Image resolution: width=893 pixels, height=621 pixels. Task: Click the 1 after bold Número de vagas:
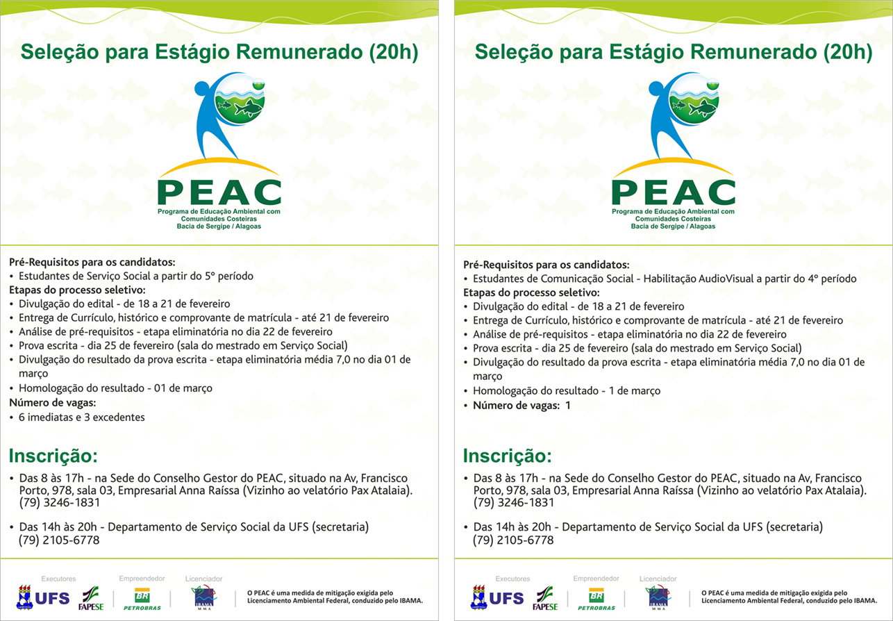point(567,405)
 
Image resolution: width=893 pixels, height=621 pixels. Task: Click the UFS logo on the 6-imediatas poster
point(43,597)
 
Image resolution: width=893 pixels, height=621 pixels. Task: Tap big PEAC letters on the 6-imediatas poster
point(219,191)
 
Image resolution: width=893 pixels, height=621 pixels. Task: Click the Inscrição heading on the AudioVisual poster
point(507,456)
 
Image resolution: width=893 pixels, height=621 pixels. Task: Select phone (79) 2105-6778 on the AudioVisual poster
point(513,540)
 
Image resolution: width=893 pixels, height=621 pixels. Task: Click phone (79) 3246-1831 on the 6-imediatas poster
point(59,502)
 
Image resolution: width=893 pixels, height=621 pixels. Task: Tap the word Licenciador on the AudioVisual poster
point(658,579)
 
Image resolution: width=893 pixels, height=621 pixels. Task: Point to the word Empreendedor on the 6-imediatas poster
point(142,578)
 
